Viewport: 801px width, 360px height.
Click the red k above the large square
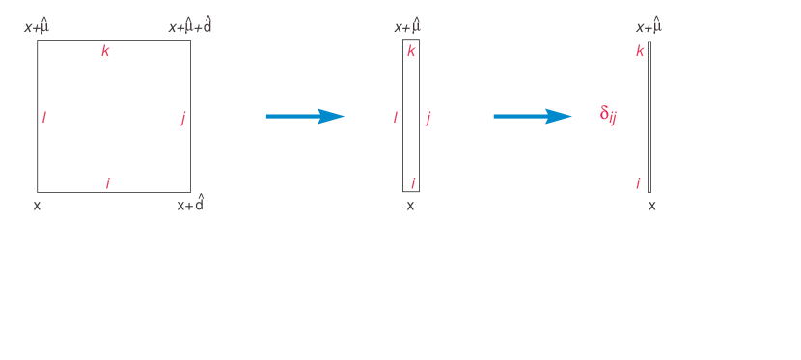pyautogui.click(x=105, y=51)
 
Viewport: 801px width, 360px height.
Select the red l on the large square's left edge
pyautogui.click(x=44, y=117)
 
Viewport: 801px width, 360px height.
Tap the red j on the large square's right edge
pyautogui.click(x=182, y=118)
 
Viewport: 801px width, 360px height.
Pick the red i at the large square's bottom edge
pyautogui.click(x=107, y=183)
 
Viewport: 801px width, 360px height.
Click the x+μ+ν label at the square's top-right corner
pyautogui.click(x=189, y=26)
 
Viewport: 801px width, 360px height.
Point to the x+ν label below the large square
pyautogui.click(x=190, y=205)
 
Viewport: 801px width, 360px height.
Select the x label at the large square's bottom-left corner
pyautogui.click(x=37, y=205)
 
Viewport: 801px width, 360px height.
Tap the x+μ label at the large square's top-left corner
pyautogui.click(x=37, y=26)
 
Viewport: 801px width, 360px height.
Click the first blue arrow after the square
pyautogui.click(x=304, y=116)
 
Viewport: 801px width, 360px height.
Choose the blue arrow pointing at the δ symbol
pyautogui.click(x=532, y=116)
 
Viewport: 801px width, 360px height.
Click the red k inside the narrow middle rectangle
pyautogui.click(x=411, y=50)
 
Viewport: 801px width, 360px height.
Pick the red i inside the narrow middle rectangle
pyautogui.click(x=412, y=183)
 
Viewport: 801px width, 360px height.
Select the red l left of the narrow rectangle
pyautogui.click(x=395, y=117)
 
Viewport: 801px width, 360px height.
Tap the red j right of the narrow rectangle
pyautogui.click(x=428, y=118)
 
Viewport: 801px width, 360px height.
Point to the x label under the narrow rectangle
pyautogui.click(x=410, y=205)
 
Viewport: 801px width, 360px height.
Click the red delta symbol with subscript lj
pyautogui.click(x=608, y=115)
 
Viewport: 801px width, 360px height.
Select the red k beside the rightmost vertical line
pyautogui.click(x=639, y=50)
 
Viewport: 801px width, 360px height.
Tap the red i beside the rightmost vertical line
pyautogui.click(x=638, y=183)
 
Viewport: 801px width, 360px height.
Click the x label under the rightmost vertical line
pyautogui.click(x=652, y=205)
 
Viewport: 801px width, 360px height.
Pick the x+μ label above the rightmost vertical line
pyautogui.click(x=649, y=26)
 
